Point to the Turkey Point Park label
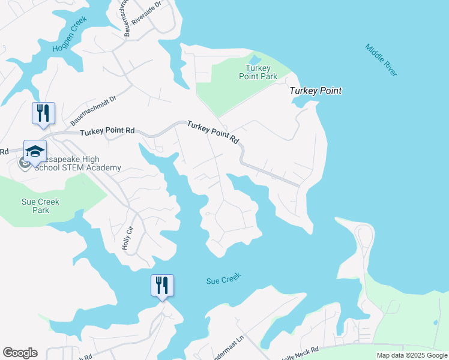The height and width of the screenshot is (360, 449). tap(261, 72)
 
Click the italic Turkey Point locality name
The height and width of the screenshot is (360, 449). tap(315, 91)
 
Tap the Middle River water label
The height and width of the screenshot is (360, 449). tap(381, 59)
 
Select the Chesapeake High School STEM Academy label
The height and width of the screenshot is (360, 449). tap(72, 163)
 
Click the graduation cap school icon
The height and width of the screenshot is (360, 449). tap(35, 152)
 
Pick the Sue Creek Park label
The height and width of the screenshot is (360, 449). tap(41, 206)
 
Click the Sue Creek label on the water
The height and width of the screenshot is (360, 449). tap(223, 278)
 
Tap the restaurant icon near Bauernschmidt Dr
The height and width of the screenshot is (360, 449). tap(43, 113)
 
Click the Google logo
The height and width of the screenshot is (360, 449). tap(20, 353)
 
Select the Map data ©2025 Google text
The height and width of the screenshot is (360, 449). tap(412, 355)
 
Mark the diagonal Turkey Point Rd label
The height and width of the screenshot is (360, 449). tap(213, 133)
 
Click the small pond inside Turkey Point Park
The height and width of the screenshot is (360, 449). tap(255, 60)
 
